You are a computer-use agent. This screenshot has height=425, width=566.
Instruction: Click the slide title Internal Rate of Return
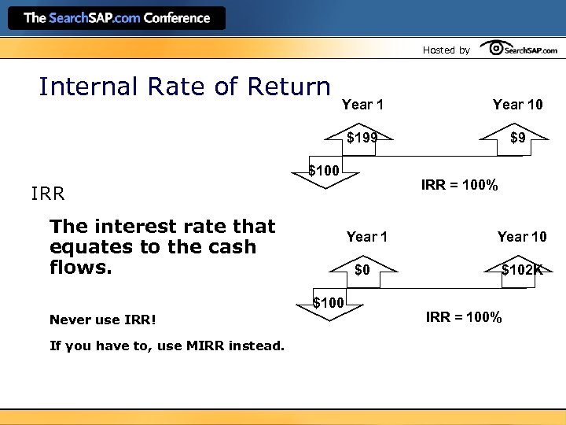tap(185, 87)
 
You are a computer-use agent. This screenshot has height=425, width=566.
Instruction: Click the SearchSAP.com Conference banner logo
tap(116, 18)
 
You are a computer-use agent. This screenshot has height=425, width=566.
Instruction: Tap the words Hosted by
tap(446, 50)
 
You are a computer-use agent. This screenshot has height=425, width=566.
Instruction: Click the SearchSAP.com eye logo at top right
tap(518, 49)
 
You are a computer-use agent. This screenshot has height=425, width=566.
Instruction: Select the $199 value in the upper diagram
tap(362, 138)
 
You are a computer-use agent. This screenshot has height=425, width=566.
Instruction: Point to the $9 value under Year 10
tap(517, 138)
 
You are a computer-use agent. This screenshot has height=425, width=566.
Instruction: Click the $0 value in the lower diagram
tap(362, 270)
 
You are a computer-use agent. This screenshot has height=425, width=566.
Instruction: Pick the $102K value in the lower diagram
tap(522, 270)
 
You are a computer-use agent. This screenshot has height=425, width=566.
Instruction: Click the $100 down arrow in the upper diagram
tap(324, 172)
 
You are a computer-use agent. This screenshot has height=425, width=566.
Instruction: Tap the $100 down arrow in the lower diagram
tap(329, 305)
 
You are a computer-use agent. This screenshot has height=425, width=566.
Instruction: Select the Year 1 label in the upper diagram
tap(362, 105)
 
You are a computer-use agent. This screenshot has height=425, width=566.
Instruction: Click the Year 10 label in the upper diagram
tap(517, 105)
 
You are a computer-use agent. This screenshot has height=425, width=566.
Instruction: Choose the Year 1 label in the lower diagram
tap(367, 237)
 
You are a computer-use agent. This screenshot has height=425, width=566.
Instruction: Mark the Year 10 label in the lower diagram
tap(522, 237)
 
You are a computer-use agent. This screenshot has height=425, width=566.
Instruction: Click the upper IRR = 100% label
tap(459, 186)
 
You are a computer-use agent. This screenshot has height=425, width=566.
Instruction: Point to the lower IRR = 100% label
tap(464, 318)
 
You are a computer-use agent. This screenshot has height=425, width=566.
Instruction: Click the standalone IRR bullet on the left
tap(47, 194)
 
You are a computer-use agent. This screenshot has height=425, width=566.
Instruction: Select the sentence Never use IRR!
tap(103, 320)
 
